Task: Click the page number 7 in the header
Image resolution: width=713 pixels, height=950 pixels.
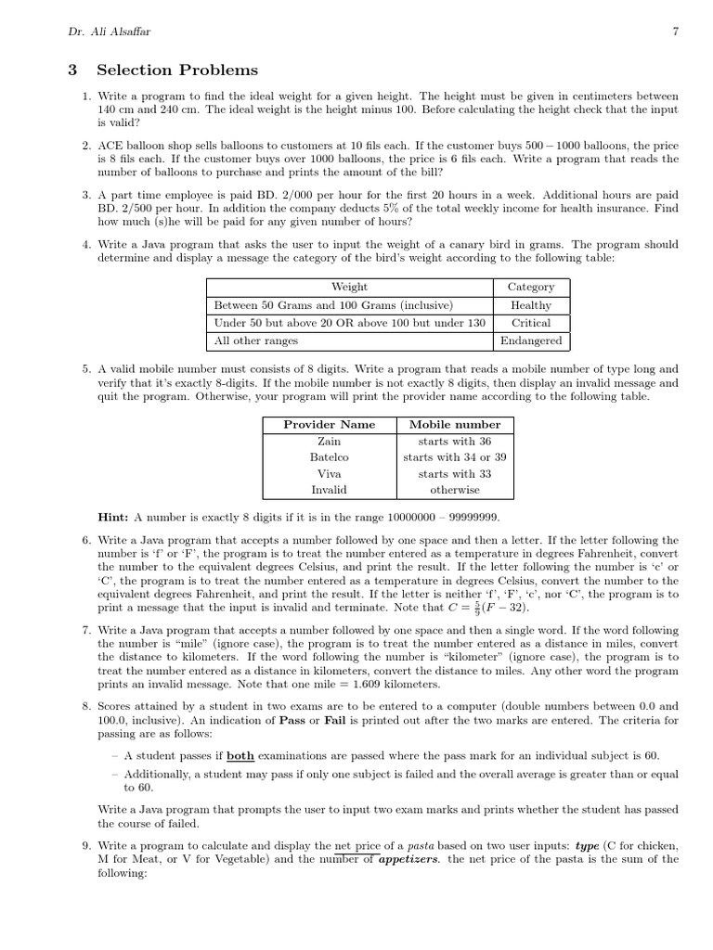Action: coord(675,31)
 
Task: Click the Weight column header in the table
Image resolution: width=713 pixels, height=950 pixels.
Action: coord(349,288)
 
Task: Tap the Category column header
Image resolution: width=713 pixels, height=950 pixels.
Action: coord(531,288)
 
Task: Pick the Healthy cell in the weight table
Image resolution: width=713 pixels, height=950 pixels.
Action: coord(531,305)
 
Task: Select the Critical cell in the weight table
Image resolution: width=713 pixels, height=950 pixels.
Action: coord(531,323)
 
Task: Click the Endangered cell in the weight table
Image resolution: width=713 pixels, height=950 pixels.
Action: coord(531,340)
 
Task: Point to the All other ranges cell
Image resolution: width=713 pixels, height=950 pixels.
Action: coord(256,340)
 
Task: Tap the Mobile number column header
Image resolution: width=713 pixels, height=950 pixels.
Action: coord(455,425)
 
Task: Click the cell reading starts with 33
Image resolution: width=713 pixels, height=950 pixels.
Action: coord(455,474)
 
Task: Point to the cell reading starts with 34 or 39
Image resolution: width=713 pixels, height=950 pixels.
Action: coord(455,457)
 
